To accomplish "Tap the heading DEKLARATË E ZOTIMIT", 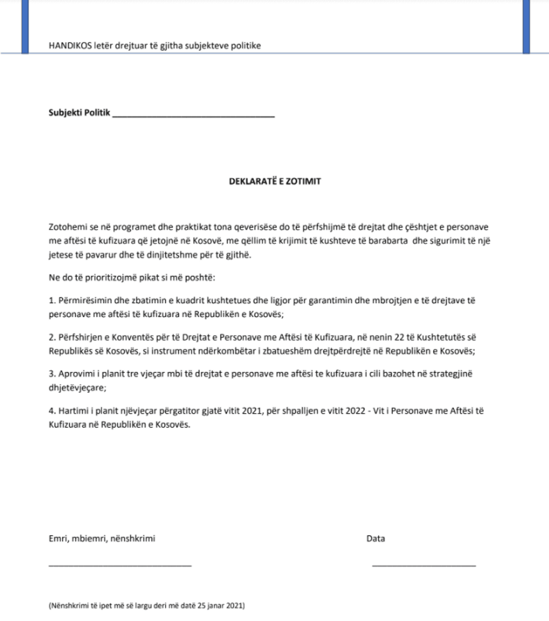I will pos(274,181).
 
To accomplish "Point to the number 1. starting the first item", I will pos(52,301).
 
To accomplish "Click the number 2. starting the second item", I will pos(52,338).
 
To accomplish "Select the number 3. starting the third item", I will pos(52,373).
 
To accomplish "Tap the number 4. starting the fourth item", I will pos(52,410).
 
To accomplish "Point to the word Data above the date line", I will pos(375,539).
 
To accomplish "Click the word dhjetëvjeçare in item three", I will pos(74,386).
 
